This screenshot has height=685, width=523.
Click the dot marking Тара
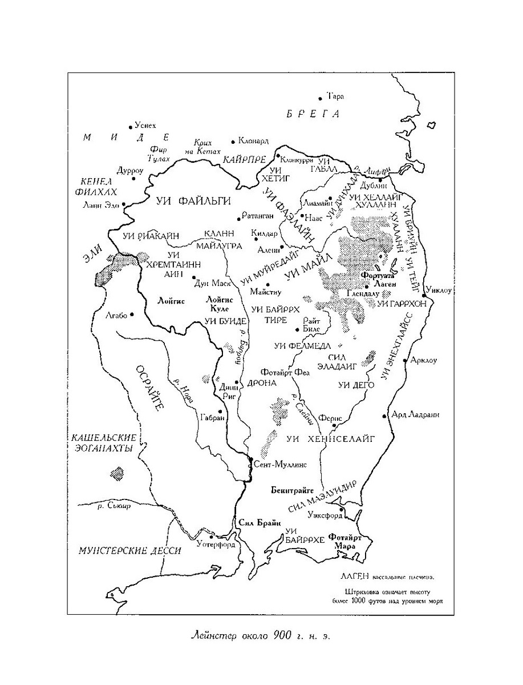(321, 99)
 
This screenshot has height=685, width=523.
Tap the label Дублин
(372, 184)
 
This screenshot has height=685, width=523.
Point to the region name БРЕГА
(313, 114)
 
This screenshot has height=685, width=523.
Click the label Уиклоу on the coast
(439, 290)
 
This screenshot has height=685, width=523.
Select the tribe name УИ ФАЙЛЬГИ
(193, 200)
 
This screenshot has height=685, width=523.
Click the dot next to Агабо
(132, 314)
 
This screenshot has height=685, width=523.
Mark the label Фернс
(331, 418)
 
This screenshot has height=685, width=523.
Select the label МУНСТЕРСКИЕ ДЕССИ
(130, 551)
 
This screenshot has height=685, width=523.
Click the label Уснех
(145, 125)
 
